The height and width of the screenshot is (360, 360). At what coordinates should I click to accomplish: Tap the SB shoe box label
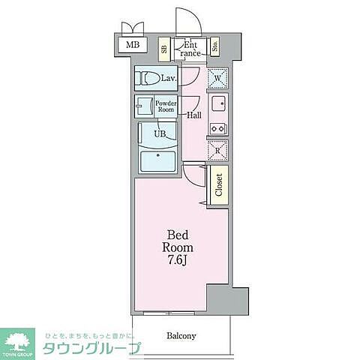tap(164, 49)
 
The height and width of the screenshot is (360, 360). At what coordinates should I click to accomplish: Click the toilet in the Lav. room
tap(148, 78)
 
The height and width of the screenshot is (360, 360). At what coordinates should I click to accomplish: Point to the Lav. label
tap(167, 78)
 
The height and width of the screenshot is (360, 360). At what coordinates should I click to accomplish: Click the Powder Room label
tap(165, 106)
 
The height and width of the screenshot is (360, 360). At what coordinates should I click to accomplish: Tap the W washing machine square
tap(217, 78)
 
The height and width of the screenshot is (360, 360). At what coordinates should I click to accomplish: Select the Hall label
tap(194, 115)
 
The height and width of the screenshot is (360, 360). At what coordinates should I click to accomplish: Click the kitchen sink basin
tap(219, 103)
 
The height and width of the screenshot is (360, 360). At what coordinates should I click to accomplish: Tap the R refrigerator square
tap(217, 150)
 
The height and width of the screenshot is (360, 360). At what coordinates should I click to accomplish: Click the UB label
tap(159, 133)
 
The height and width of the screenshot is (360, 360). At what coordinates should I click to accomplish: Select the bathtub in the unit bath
tap(157, 160)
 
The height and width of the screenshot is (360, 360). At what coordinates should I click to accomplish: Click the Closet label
tap(219, 184)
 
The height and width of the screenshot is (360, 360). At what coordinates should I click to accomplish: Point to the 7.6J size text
tap(178, 260)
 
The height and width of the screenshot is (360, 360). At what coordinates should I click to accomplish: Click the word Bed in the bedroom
tap(178, 233)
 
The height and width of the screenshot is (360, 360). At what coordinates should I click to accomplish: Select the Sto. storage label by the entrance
tap(214, 48)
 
